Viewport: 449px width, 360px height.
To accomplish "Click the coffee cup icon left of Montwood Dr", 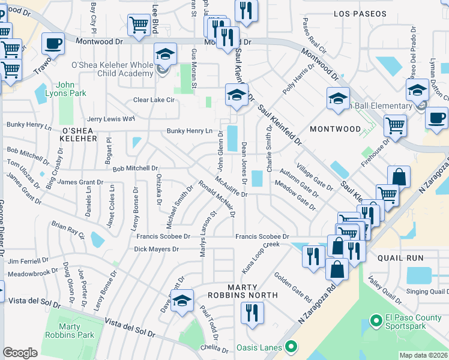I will (x=53, y=44).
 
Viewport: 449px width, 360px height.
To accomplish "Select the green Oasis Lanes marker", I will (x=291, y=346).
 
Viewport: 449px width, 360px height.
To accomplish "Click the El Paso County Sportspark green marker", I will (x=376, y=320).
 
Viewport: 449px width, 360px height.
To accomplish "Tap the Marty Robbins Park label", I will (x=78, y=331).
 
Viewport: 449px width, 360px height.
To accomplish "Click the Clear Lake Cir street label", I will (x=154, y=100).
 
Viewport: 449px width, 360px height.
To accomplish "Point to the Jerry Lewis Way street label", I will (x=111, y=119).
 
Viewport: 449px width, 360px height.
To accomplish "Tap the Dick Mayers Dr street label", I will (x=157, y=248).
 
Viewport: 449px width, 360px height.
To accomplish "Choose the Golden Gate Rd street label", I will (x=293, y=287).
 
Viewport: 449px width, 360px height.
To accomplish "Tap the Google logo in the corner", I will (x=20, y=353).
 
